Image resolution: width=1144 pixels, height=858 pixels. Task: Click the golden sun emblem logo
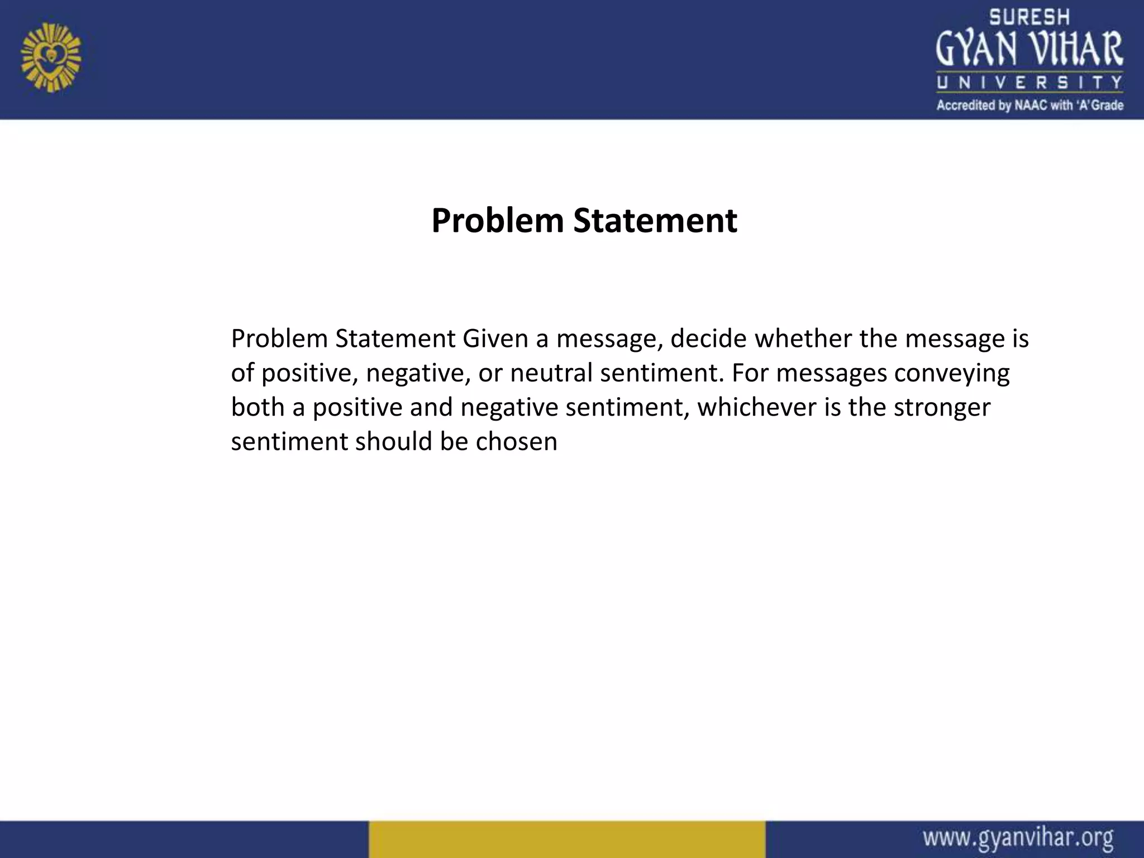click(x=51, y=58)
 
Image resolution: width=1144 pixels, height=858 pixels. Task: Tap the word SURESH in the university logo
click(x=1029, y=17)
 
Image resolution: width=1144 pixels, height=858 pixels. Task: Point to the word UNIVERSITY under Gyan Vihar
click(x=1029, y=83)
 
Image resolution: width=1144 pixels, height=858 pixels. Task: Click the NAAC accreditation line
click(x=1029, y=105)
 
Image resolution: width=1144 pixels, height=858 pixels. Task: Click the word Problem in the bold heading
click(x=498, y=221)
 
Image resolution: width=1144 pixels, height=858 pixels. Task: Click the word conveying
click(x=951, y=373)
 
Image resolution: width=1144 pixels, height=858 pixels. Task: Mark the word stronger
click(x=942, y=407)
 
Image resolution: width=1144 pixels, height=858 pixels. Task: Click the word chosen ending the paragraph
click(x=516, y=441)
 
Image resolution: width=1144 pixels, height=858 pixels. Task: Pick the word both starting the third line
click(x=258, y=407)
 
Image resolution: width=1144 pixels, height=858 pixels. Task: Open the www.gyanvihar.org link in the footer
click(x=1018, y=838)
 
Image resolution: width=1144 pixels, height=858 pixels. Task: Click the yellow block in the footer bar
click(x=566, y=839)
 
